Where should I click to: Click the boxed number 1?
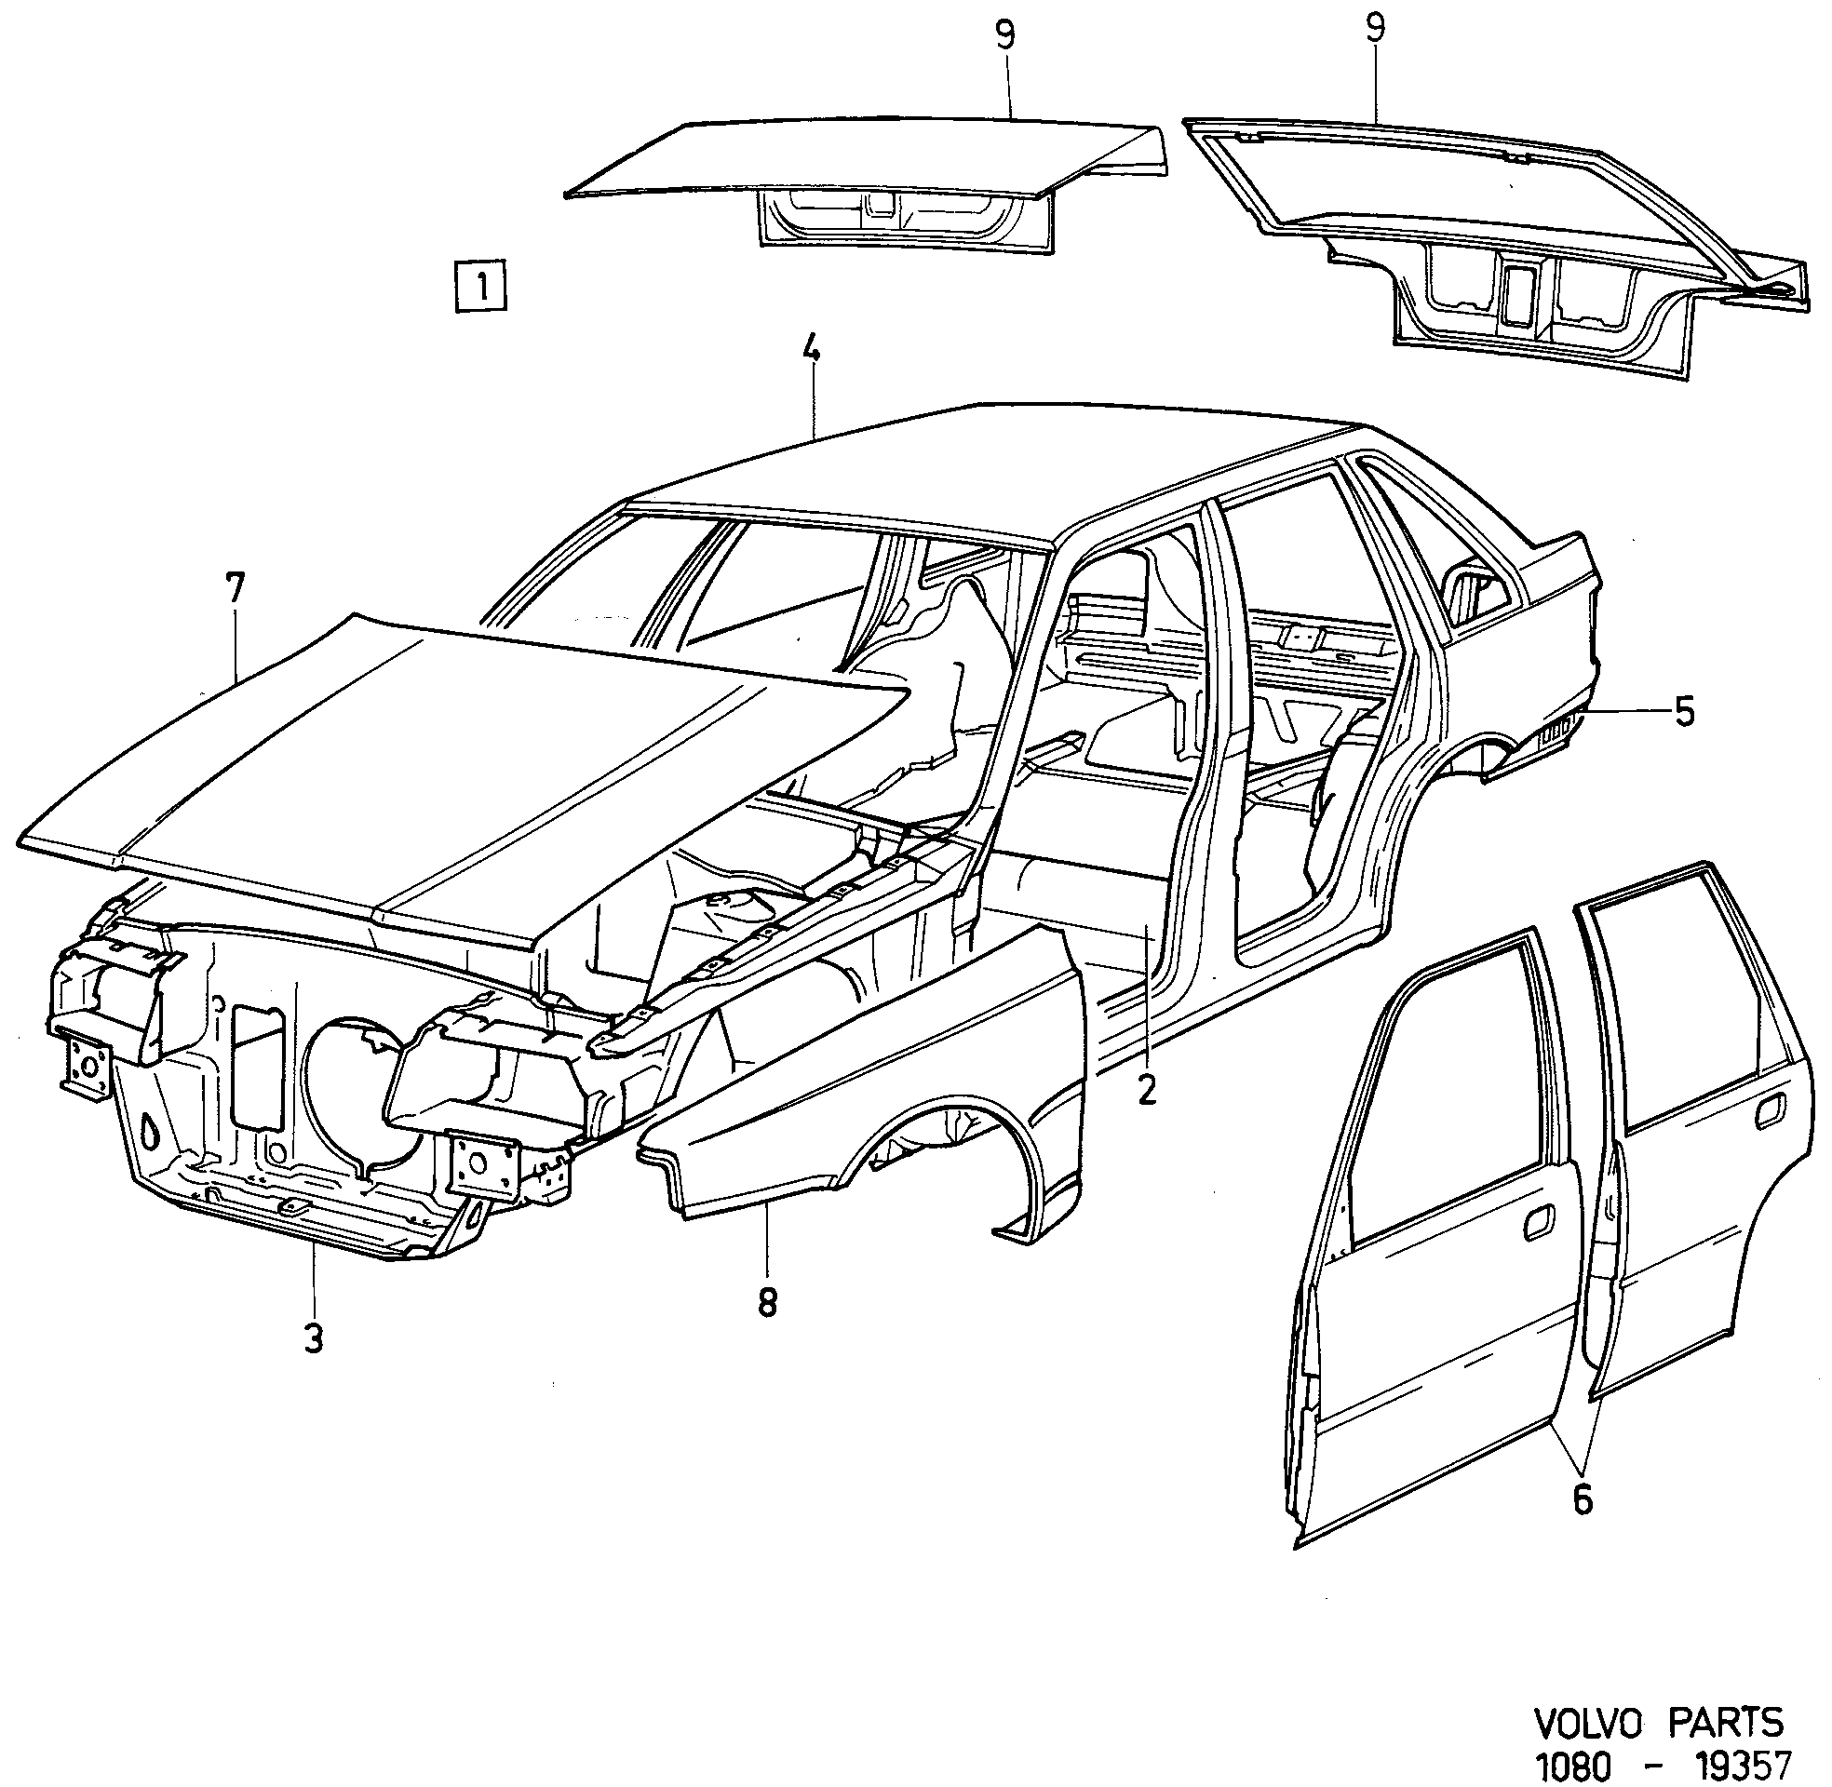(480, 284)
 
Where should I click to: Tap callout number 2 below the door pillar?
(1146, 1089)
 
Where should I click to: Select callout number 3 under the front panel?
(314, 1337)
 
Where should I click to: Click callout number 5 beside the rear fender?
(1685, 713)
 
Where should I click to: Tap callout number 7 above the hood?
(235, 588)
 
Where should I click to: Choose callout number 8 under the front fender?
(768, 1303)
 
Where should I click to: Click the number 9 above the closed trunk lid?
(1005, 35)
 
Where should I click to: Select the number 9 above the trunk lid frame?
(1375, 28)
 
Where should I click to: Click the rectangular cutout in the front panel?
(257, 1067)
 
